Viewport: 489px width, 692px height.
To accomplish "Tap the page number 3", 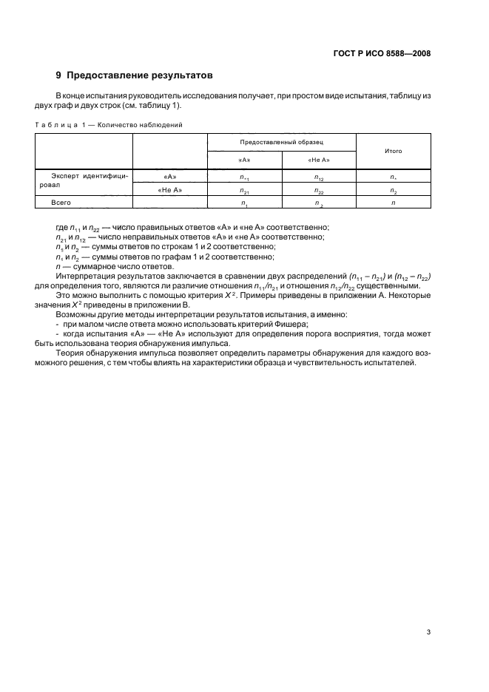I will pos(429,631).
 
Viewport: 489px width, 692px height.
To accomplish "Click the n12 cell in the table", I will pos(319,177).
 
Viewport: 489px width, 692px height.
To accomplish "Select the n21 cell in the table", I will pos(245,190).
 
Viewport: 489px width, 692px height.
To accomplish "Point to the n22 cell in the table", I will pos(319,190).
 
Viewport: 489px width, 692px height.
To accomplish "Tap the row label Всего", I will pos(61,202).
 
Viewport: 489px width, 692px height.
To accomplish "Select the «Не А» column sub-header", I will pos(319,160).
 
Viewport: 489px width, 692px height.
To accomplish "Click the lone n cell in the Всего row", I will pos(393,202).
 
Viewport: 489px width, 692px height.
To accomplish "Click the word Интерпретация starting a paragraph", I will pos(87,276).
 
